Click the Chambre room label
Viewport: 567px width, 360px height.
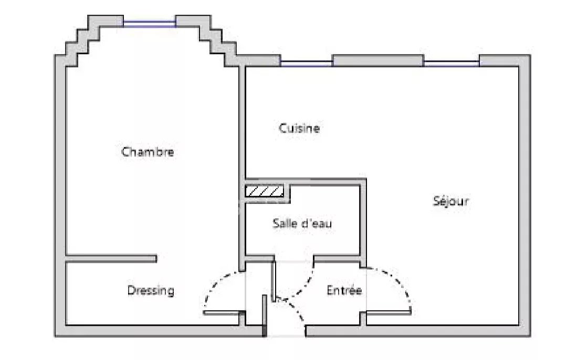tap(148, 152)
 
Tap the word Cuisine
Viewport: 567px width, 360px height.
tap(299, 128)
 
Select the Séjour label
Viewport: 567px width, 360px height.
tap(451, 200)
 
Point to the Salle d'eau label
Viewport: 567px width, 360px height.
tap(302, 224)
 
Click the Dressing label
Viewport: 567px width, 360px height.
tap(151, 291)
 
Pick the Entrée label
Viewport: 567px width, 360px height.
tap(344, 290)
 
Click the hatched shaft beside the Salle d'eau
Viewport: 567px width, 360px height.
tap(264, 191)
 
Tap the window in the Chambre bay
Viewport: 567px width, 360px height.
tap(149, 24)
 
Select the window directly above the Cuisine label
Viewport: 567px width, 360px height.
tap(306, 63)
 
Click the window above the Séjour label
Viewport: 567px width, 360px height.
tap(451, 63)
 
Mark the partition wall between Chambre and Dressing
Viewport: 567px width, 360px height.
tap(111, 259)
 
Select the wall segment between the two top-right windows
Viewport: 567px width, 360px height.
tap(378, 61)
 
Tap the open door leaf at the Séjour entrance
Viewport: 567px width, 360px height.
tap(388, 312)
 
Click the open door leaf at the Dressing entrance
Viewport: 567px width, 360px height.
tap(222, 313)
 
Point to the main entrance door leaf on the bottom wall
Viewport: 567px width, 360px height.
tap(264, 315)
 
